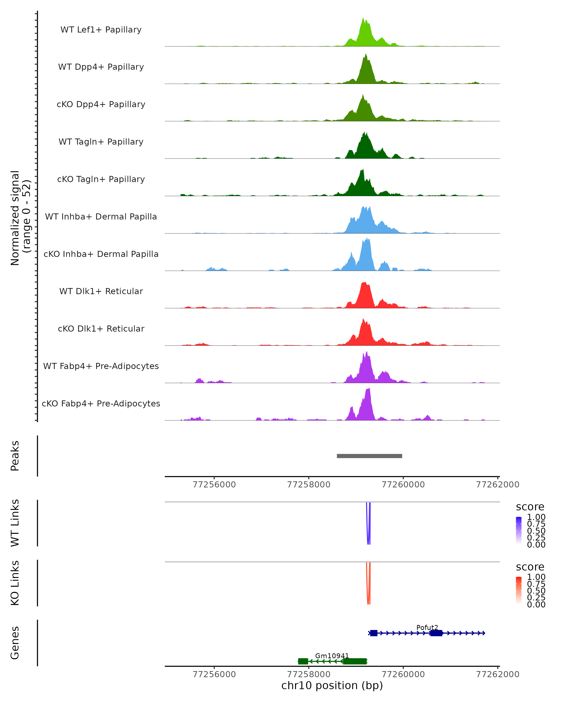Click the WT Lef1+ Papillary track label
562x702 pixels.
point(101,30)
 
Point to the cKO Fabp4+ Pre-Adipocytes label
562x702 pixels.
point(101,403)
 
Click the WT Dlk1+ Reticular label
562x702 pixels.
point(101,291)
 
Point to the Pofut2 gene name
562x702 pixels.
point(427,627)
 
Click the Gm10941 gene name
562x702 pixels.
point(332,656)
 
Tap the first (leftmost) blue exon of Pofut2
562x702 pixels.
point(374,633)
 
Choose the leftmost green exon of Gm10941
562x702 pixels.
point(303,661)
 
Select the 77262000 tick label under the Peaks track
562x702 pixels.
point(498,485)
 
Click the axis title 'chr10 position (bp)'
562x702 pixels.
point(332,686)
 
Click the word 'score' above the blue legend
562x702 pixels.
point(530,507)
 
